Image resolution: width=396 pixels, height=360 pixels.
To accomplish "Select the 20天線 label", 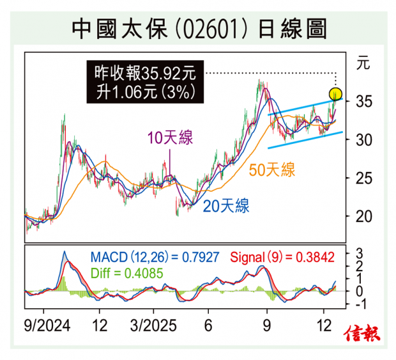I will [226, 205].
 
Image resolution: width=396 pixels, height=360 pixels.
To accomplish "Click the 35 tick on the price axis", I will [362, 101].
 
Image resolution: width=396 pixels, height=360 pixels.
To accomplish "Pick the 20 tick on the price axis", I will [362, 216].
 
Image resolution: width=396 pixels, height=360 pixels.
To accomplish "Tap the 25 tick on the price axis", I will [362, 178].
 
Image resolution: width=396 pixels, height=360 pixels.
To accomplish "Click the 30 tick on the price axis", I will [362, 139].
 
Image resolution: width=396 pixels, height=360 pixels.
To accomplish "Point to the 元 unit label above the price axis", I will [362, 63].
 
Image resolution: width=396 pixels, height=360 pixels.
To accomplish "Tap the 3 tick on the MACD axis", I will [360, 251].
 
